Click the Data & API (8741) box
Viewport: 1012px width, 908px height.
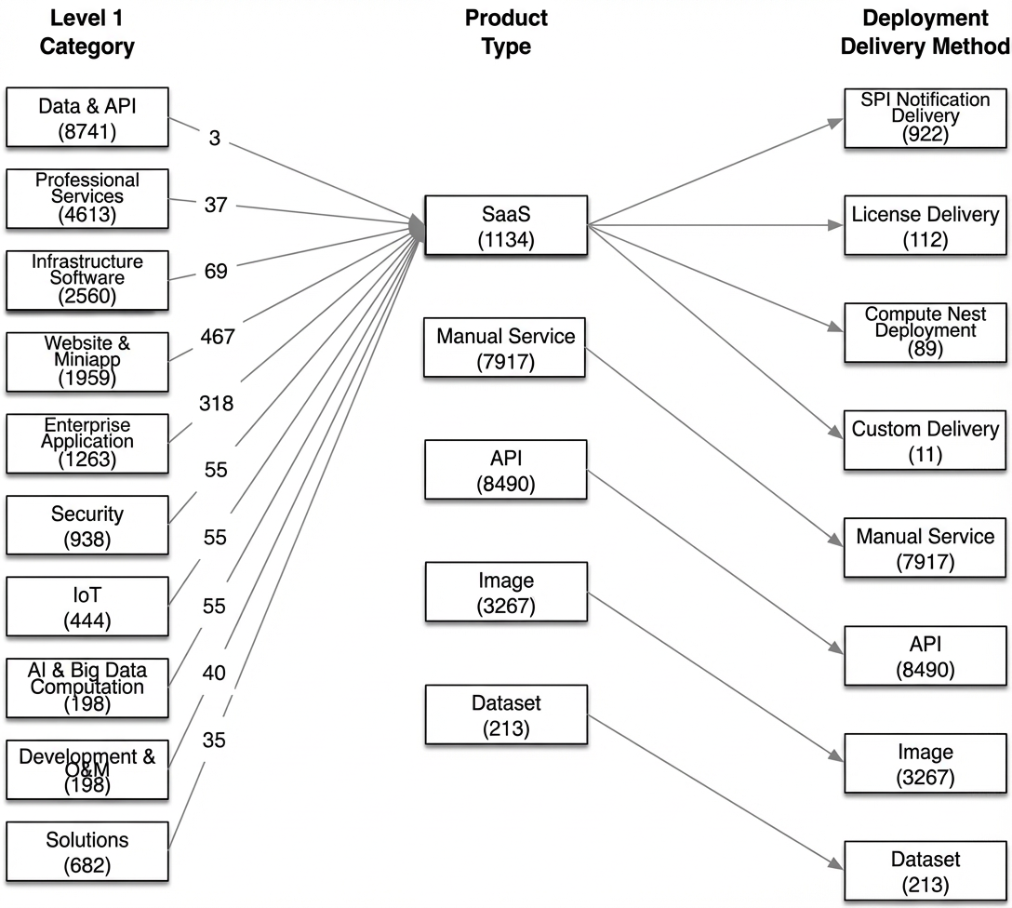(x=87, y=117)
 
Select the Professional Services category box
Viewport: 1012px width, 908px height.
(x=87, y=199)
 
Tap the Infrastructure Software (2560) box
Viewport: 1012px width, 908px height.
(x=87, y=281)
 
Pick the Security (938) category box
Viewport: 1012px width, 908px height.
(x=87, y=526)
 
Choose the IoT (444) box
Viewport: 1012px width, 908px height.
(x=87, y=607)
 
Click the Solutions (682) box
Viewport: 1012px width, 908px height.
(x=87, y=851)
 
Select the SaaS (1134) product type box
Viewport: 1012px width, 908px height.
(x=506, y=225)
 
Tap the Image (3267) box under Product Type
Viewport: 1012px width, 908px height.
(x=506, y=592)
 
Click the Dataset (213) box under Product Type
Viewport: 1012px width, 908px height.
(x=506, y=714)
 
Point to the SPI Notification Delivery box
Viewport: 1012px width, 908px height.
(x=925, y=118)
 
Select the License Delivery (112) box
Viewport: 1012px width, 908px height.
(x=925, y=225)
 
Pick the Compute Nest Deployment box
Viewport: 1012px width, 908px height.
(x=925, y=332)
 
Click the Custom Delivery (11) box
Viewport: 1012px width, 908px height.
(x=925, y=440)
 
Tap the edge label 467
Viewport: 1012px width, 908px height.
(x=218, y=336)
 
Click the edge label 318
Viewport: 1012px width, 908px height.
(x=216, y=404)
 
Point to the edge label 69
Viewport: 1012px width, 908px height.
(x=216, y=271)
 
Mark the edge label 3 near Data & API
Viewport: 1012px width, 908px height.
(x=214, y=138)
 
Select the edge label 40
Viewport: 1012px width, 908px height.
(x=214, y=673)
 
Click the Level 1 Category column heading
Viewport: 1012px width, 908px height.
(x=87, y=32)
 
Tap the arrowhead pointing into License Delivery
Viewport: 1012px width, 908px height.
(x=836, y=225)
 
